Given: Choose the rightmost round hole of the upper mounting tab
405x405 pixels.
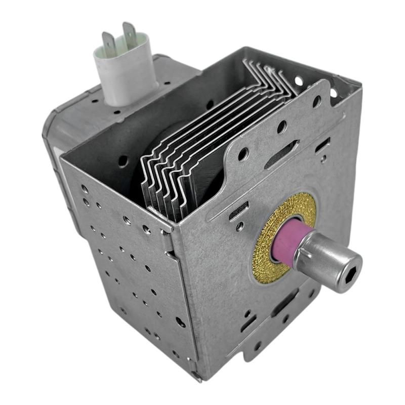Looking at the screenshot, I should coord(316,102).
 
